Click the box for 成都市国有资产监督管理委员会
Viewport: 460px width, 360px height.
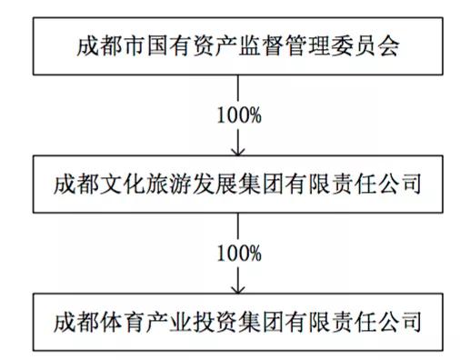click(237, 46)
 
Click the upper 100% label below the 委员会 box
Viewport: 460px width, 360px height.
click(237, 115)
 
